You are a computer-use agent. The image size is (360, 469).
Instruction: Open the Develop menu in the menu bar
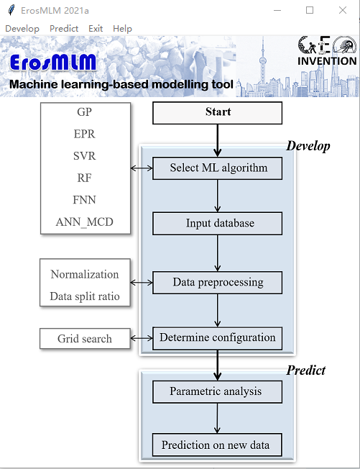22,29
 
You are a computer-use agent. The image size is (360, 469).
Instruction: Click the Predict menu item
64,29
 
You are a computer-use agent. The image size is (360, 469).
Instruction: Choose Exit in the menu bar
96,29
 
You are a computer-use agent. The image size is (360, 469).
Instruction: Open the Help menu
122,29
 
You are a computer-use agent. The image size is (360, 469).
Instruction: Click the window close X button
343,10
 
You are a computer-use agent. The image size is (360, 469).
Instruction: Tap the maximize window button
310,10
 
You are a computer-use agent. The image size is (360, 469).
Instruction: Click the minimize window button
277,11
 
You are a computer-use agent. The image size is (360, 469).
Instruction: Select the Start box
218,113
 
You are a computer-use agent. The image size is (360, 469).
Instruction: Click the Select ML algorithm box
218,168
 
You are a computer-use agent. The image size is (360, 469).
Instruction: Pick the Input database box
218,224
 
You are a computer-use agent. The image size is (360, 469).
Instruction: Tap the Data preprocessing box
218,283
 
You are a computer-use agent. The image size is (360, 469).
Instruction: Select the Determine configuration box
218,338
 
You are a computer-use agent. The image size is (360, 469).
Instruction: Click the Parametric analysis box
218,392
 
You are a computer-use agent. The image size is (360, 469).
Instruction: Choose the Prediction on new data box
217,445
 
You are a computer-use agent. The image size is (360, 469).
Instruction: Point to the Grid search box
85,339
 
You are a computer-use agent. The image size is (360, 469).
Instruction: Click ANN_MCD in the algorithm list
85,222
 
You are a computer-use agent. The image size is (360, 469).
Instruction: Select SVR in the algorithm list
85,156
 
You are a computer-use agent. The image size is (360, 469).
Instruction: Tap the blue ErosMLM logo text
53,63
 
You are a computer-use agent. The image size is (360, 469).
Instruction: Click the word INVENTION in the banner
327,61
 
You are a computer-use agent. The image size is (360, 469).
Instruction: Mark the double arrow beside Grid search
142,338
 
